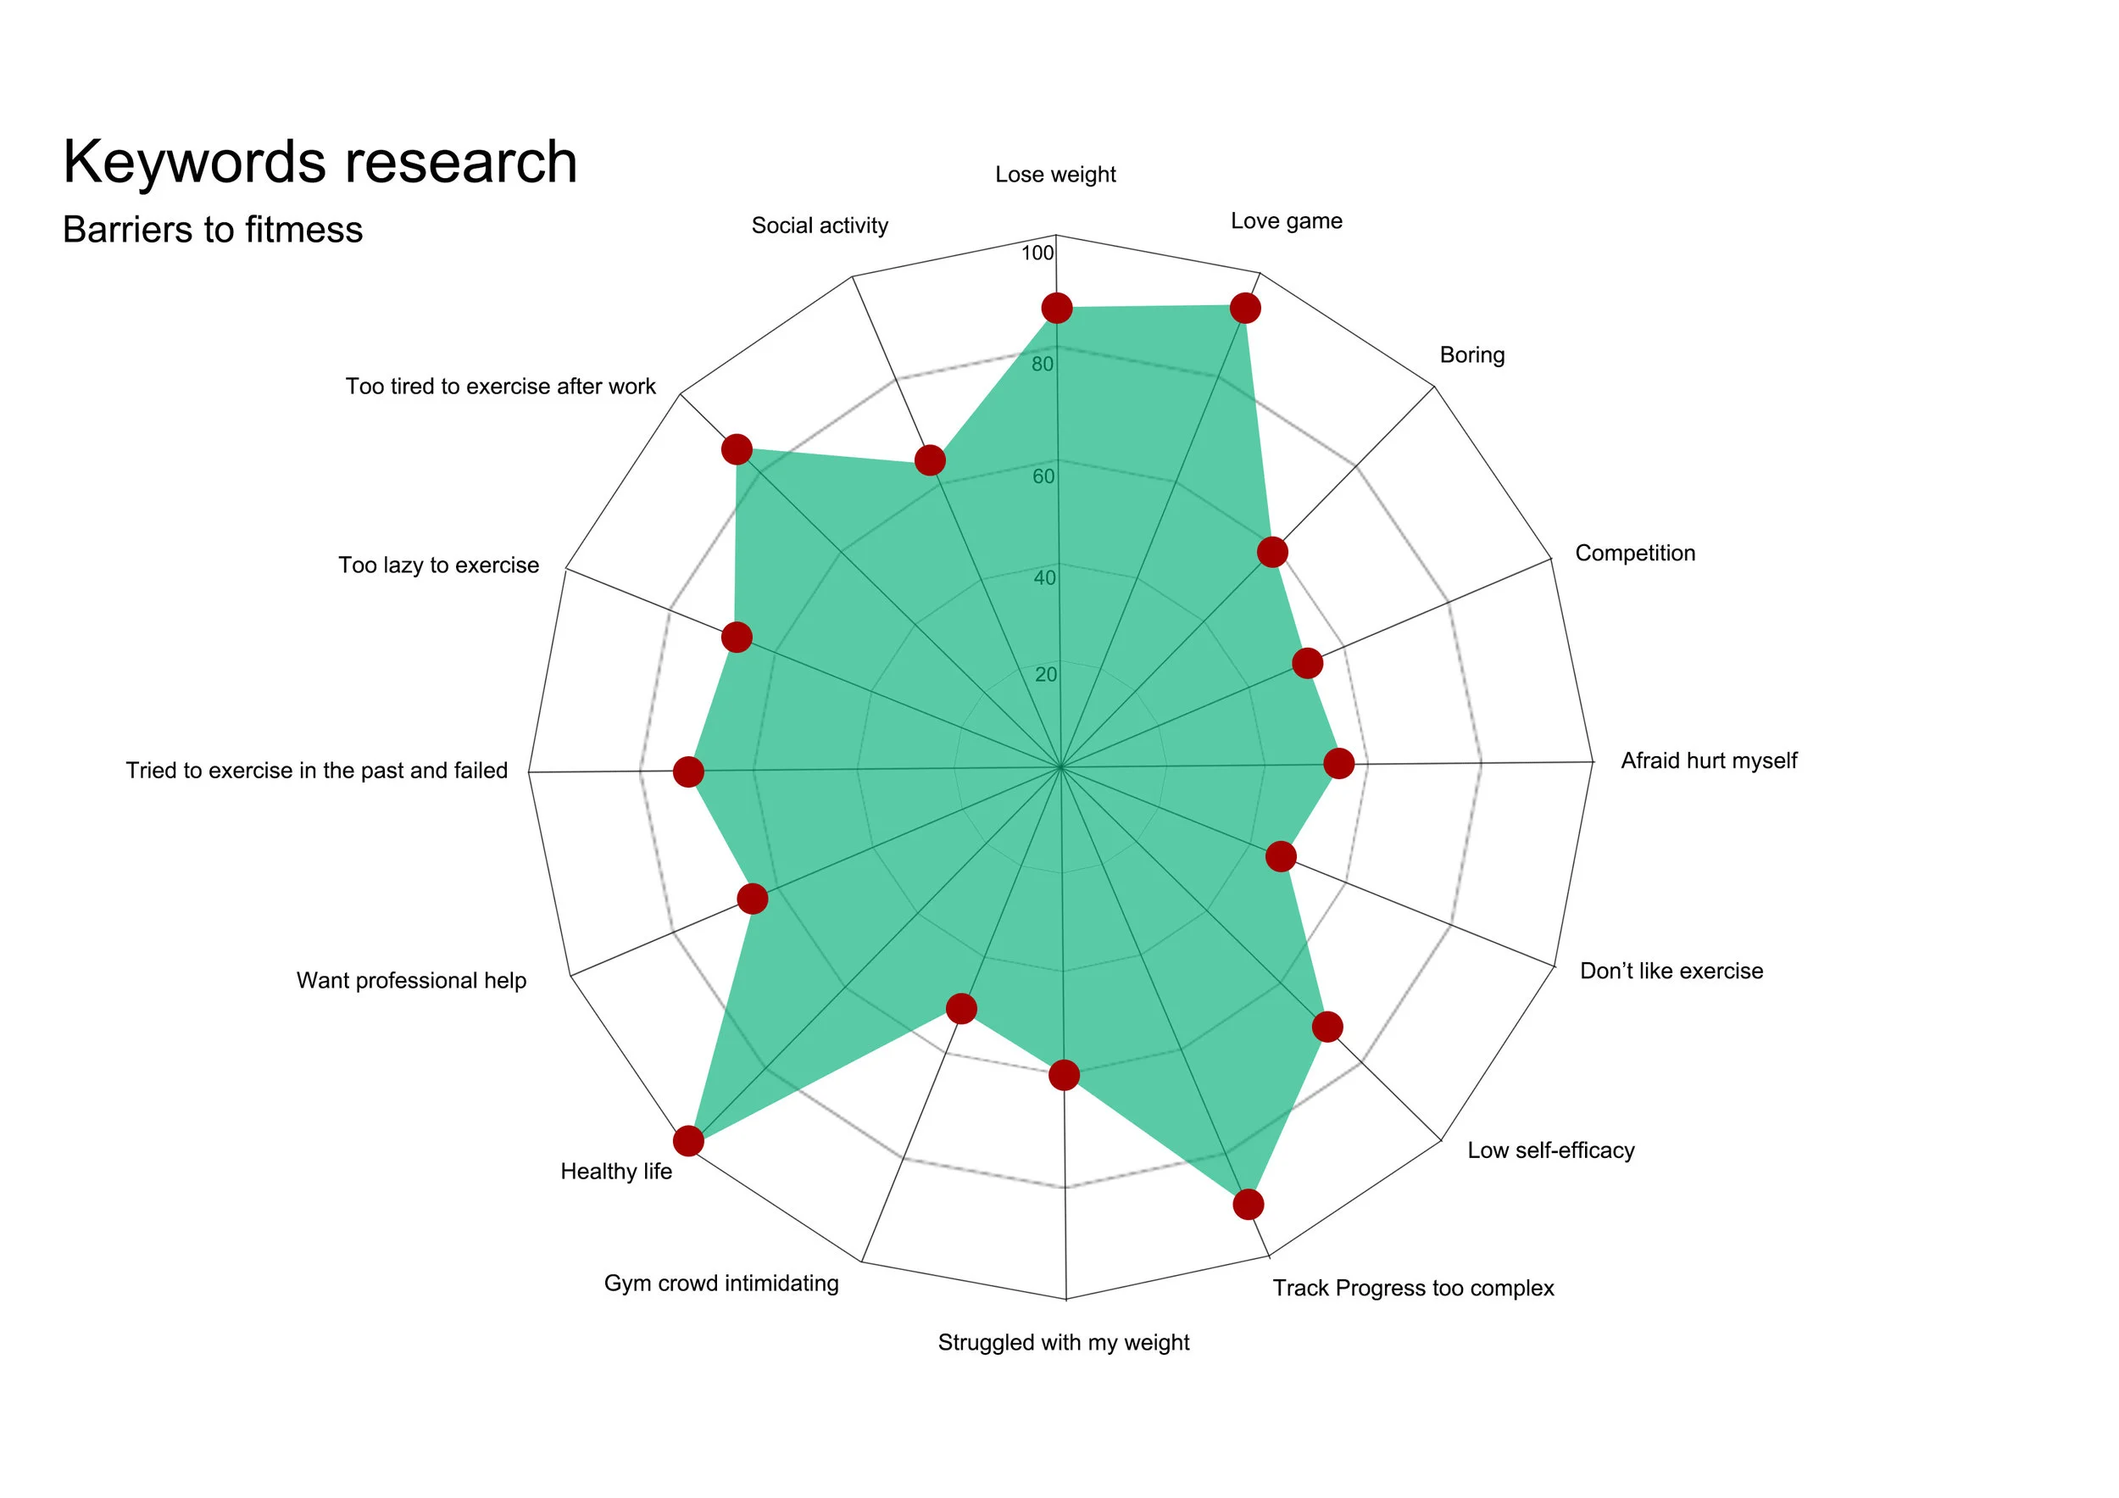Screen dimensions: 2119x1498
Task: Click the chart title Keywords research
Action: coord(320,162)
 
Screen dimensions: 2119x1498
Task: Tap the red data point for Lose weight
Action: coord(1056,309)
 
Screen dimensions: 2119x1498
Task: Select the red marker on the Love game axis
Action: coord(1245,309)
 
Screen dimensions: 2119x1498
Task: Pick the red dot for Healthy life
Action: coord(687,1141)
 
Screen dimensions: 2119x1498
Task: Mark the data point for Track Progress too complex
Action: coord(1248,1205)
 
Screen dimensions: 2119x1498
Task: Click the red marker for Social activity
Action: coord(929,459)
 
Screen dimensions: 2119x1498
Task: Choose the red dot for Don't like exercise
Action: coord(1280,855)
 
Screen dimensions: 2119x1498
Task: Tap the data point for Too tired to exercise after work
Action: coord(736,449)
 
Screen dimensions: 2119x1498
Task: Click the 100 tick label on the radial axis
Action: coord(1037,253)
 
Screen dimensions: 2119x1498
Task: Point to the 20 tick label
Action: coord(1046,675)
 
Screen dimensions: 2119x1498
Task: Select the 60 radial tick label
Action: coord(1043,476)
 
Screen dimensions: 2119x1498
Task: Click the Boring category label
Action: coord(1471,355)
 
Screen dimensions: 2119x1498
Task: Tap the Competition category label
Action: coord(1634,553)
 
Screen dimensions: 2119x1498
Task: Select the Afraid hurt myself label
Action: coord(1708,760)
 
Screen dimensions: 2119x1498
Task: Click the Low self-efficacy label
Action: coord(1550,1150)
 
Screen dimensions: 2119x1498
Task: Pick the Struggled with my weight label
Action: coord(1063,1342)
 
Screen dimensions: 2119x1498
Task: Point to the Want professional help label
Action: coord(411,980)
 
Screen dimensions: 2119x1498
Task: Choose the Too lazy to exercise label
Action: coord(438,565)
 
